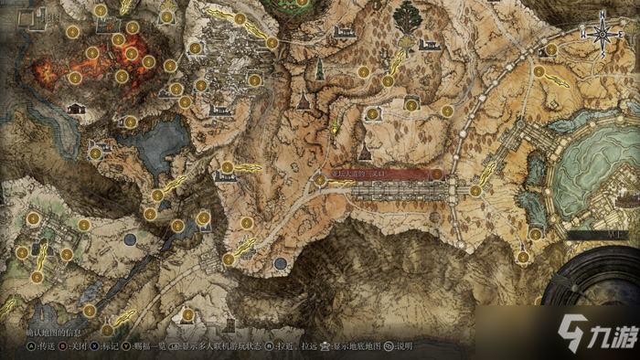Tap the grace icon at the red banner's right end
(437, 174)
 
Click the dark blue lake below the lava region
(157, 143)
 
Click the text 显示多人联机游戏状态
(220, 347)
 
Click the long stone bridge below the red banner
(402, 191)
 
